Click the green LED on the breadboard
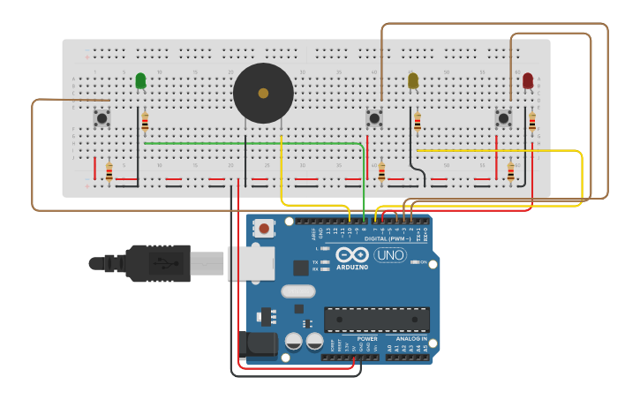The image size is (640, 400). [x=140, y=81]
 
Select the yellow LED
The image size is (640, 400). [x=413, y=81]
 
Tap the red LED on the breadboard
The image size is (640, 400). [x=528, y=81]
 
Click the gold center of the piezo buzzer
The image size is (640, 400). [x=263, y=93]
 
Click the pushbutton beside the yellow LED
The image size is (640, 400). [x=374, y=117]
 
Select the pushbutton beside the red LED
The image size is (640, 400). [x=503, y=117]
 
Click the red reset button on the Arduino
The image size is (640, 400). [x=264, y=229]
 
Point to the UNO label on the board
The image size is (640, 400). [x=390, y=255]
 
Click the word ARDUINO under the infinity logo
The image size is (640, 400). [x=352, y=267]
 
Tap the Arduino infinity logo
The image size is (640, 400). [x=352, y=254]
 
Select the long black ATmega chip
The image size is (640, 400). [x=376, y=319]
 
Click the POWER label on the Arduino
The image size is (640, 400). [x=367, y=338]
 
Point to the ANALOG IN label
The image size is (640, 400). [x=411, y=338]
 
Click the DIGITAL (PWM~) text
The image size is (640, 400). [x=387, y=239]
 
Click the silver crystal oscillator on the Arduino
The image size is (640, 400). [x=298, y=291]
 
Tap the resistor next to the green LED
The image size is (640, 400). [x=145, y=122]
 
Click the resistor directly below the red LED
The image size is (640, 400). [x=532, y=122]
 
